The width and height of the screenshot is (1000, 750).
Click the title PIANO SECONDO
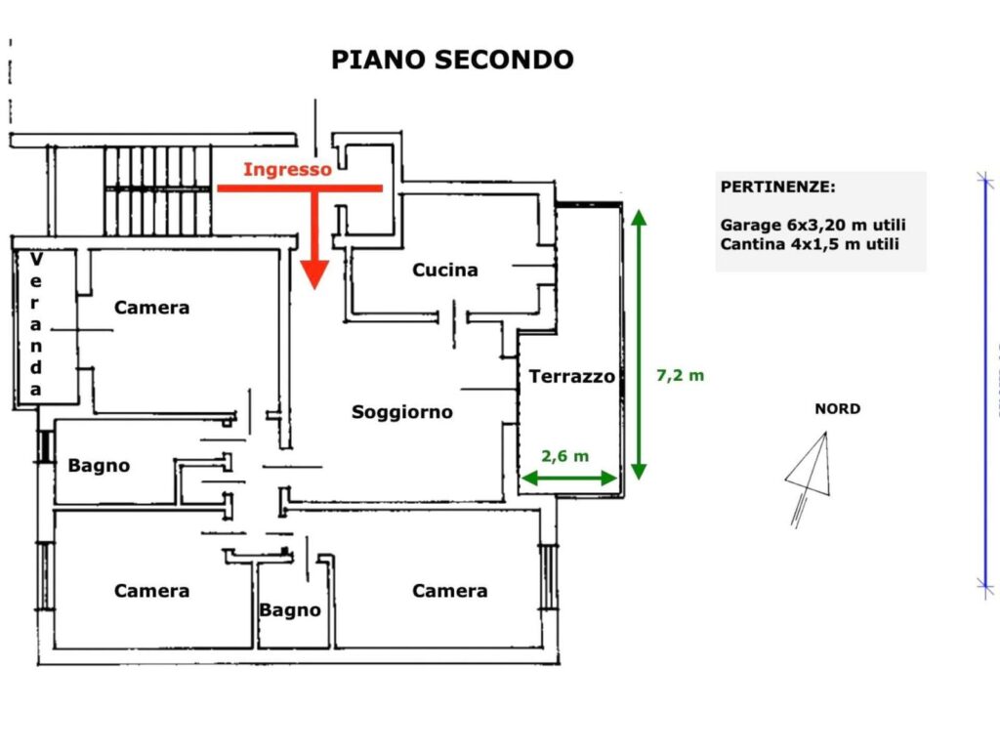click(452, 60)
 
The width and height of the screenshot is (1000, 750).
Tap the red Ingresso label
click(287, 169)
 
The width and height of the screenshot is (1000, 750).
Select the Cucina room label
click(445, 270)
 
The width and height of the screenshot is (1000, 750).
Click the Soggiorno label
click(402, 412)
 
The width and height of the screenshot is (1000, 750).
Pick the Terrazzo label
click(572, 376)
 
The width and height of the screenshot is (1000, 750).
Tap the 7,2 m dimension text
click(680, 375)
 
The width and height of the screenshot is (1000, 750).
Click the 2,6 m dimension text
click(566, 456)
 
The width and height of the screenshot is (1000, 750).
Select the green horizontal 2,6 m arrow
click(569, 478)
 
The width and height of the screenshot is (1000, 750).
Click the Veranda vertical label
click(36, 324)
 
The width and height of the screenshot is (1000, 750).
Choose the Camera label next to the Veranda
click(151, 308)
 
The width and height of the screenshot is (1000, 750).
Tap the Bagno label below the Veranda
click(99, 466)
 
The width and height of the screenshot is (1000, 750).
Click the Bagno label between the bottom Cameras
click(290, 610)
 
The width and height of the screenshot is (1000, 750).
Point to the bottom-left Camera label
click(151, 591)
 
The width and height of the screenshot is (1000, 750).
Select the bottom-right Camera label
click(449, 591)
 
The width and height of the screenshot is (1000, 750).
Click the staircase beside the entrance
click(157, 189)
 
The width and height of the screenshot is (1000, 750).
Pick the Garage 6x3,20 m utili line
click(812, 225)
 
